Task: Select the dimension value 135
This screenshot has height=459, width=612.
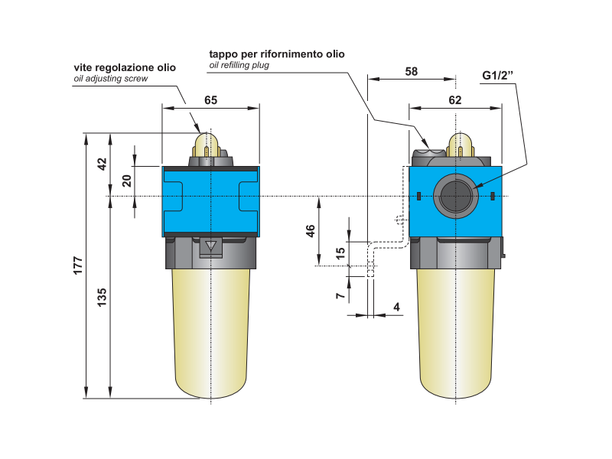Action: (x=103, y=297)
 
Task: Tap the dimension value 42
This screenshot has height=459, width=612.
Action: (x=103, y=164)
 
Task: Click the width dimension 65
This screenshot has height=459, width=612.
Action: (x=210, y=99)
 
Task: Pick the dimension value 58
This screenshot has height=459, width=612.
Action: (x=411, y=71)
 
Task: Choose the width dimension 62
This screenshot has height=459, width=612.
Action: (x=454, y=99)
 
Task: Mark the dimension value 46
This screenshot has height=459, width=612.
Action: (x=311, y=232)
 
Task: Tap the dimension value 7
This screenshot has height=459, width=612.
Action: (x=341, y=295)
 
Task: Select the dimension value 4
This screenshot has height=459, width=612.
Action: (x=396, y=307)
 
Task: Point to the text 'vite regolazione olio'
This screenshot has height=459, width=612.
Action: (x=124, y=67)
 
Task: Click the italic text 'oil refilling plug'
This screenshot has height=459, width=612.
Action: (x=239, y=65)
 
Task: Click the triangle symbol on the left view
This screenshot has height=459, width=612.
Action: (x=211, y=246)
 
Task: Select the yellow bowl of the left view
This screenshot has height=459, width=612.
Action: (x=210, y=329)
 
